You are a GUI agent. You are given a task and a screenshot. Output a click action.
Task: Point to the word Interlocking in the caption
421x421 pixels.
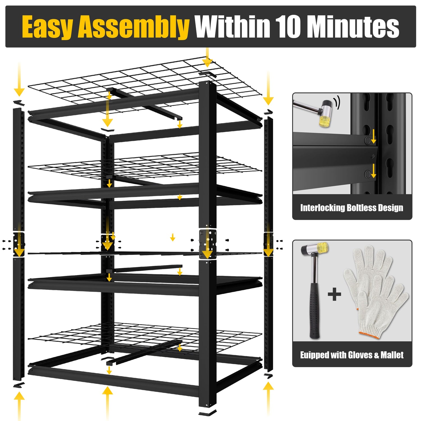pos(322,208)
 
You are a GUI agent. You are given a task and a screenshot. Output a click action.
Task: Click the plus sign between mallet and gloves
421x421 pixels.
pos(335,294)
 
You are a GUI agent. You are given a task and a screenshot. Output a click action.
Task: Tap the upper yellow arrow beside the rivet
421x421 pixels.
pos(373,136)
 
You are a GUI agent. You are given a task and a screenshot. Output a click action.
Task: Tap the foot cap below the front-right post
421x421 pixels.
pos(207,413)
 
